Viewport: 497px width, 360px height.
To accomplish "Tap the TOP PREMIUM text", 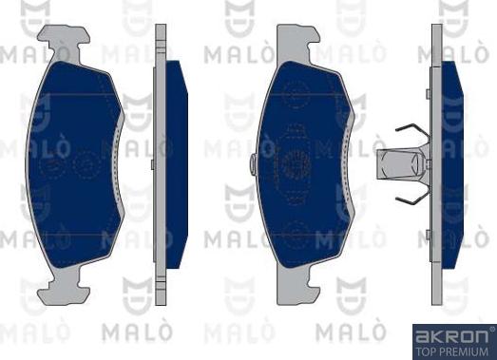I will pos(450,350).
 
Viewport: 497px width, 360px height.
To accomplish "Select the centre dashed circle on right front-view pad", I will pos(296,162).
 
